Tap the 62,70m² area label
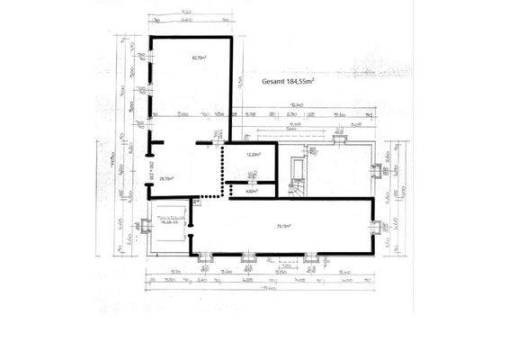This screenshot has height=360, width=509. click(199, 58)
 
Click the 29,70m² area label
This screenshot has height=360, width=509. click(166, 178)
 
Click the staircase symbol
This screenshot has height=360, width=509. click(297, 188)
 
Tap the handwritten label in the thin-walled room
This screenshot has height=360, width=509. click(169, 220)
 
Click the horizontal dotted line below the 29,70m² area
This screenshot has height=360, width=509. click(210, 196)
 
